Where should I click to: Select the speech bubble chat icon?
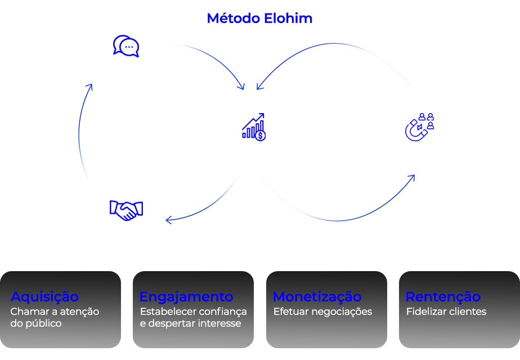126,46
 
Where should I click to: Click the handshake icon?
126,210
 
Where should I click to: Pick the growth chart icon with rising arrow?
253,127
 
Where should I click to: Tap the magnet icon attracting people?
419,127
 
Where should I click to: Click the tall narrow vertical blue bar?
86,131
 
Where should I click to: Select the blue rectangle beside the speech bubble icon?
208,66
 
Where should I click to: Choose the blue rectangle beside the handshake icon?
202,200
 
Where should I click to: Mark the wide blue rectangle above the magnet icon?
334,66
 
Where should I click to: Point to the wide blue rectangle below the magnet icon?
337,198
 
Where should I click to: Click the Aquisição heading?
44,296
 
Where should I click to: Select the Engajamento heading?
186,296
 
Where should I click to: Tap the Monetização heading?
317,296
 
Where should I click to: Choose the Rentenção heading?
443,296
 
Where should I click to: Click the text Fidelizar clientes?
446,312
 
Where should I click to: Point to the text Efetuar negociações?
322,312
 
